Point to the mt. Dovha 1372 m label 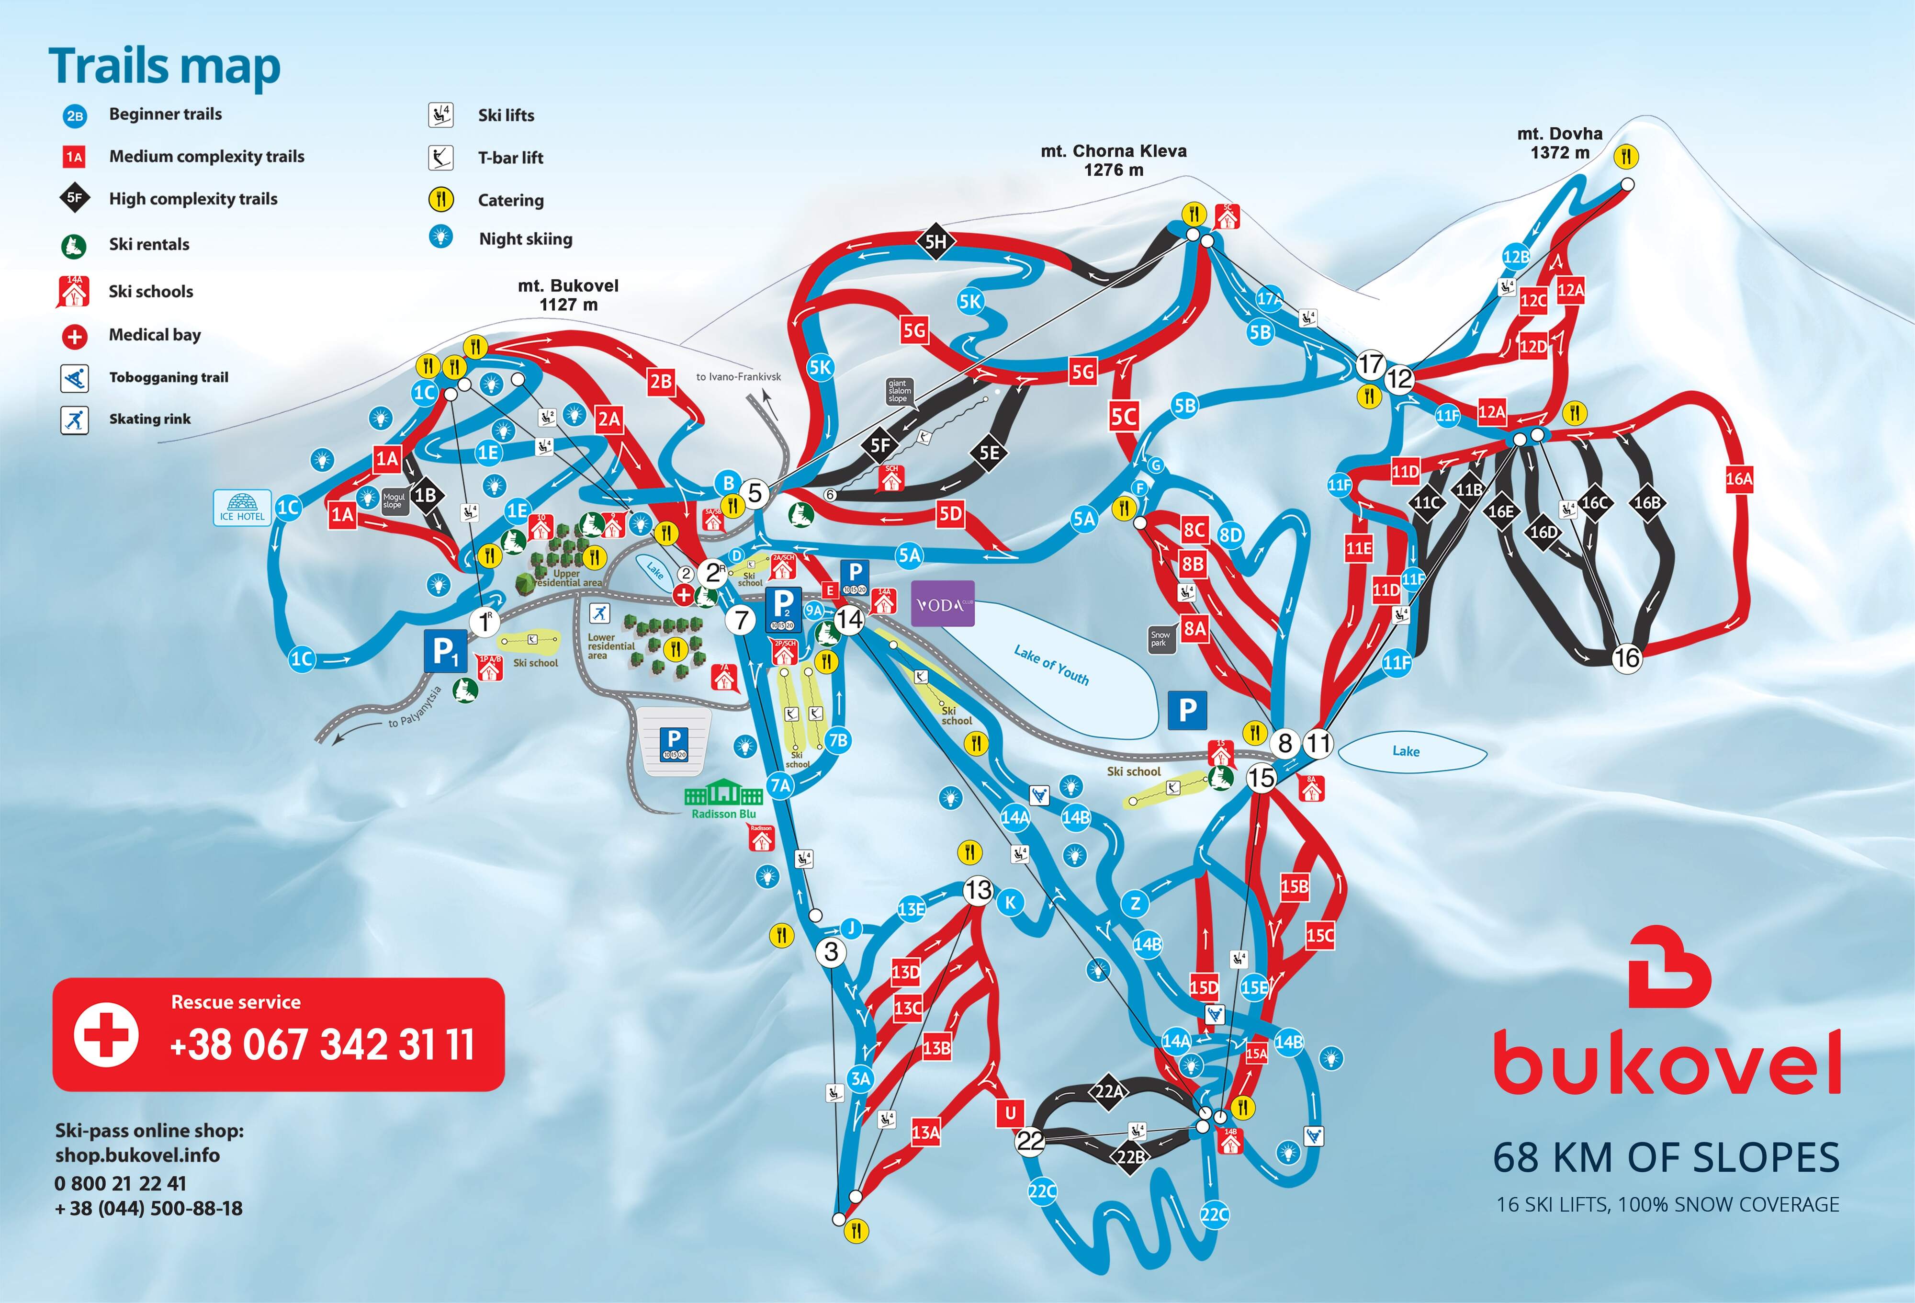pyautogui.click(x=1559, y=143)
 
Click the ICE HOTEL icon pyautogui.click(x=242, y=507)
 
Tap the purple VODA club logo pyautogui.click(x=943, y=604)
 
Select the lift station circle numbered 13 pyautogui.click(x=978, y=890)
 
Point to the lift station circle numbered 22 pyautogui.click(x=1030, y=1141)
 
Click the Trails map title pyautogui.click(x=164, y=66)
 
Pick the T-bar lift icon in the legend pyautogui.click(x=441, y=157)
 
